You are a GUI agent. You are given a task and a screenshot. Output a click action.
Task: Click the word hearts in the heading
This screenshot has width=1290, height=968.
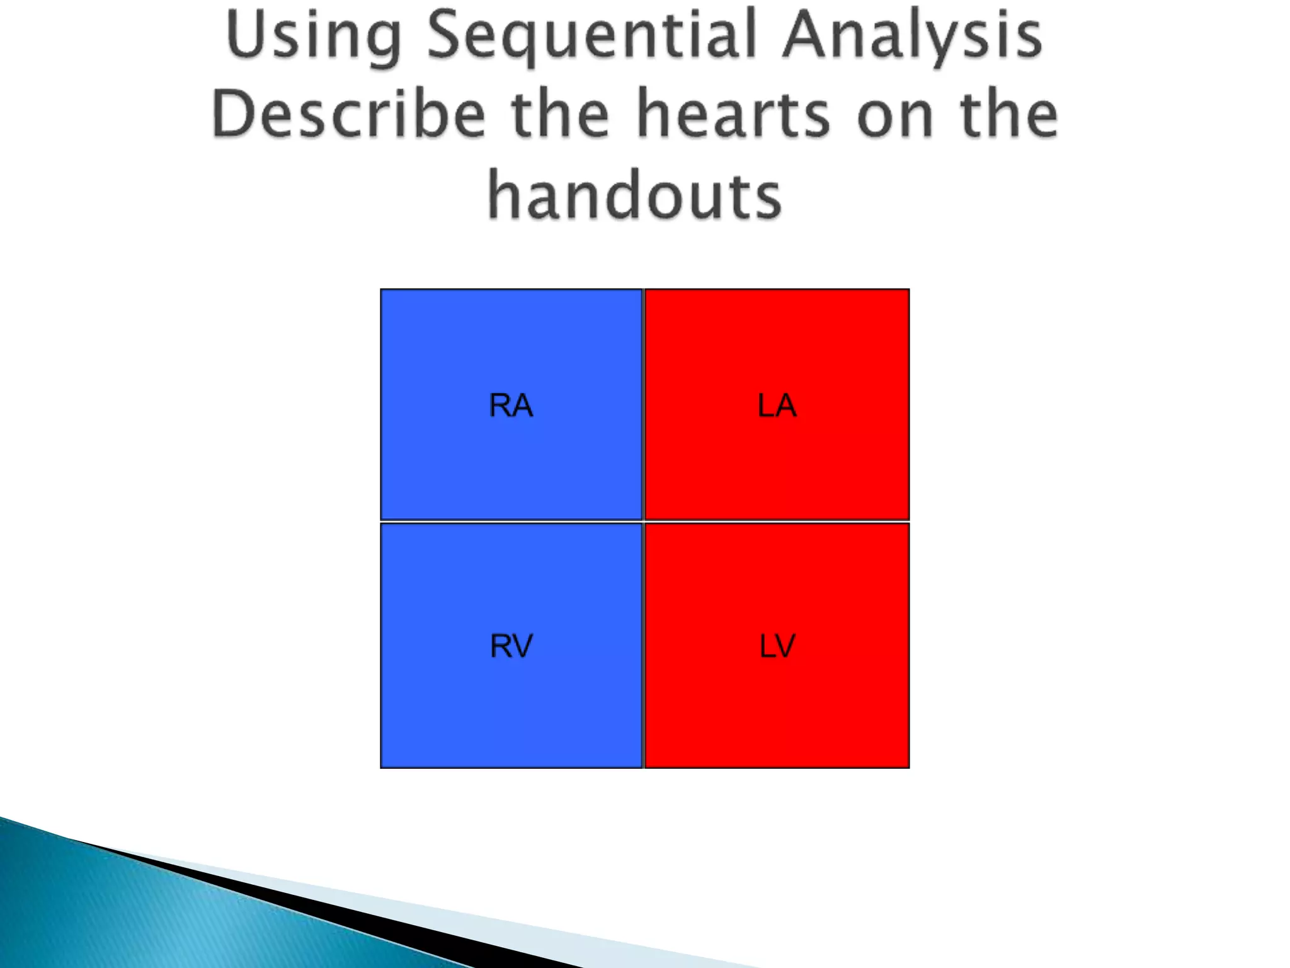tap(733, 114)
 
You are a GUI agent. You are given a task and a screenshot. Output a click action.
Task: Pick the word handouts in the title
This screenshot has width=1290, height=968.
tap(634, 195)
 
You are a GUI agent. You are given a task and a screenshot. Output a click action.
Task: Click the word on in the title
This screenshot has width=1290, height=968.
tap(894, 115)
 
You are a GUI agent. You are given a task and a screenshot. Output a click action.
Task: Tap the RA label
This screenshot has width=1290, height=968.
tap(511, 405)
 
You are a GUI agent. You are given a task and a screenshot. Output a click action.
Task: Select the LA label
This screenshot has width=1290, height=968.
tap(777, 405)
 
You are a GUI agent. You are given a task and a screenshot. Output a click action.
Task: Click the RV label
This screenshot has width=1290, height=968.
tap(511, 646)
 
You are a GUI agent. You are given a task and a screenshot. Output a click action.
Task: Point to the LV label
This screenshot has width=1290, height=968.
tap(777, 646)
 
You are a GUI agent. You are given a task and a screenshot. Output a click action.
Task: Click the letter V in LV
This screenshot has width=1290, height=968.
tap(786, 646)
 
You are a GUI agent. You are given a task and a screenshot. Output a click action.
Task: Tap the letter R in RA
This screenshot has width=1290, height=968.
tap(500, 405)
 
